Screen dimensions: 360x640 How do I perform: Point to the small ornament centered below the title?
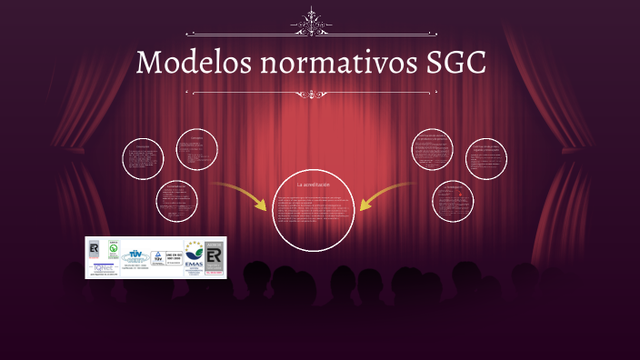[314, 94]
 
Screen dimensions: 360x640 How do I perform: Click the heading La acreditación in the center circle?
[314, 185]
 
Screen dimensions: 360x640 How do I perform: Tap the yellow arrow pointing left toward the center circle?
[386, 194]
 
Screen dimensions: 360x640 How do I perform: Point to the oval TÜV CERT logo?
[137, 257]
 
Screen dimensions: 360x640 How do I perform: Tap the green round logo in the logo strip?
[115, 247]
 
